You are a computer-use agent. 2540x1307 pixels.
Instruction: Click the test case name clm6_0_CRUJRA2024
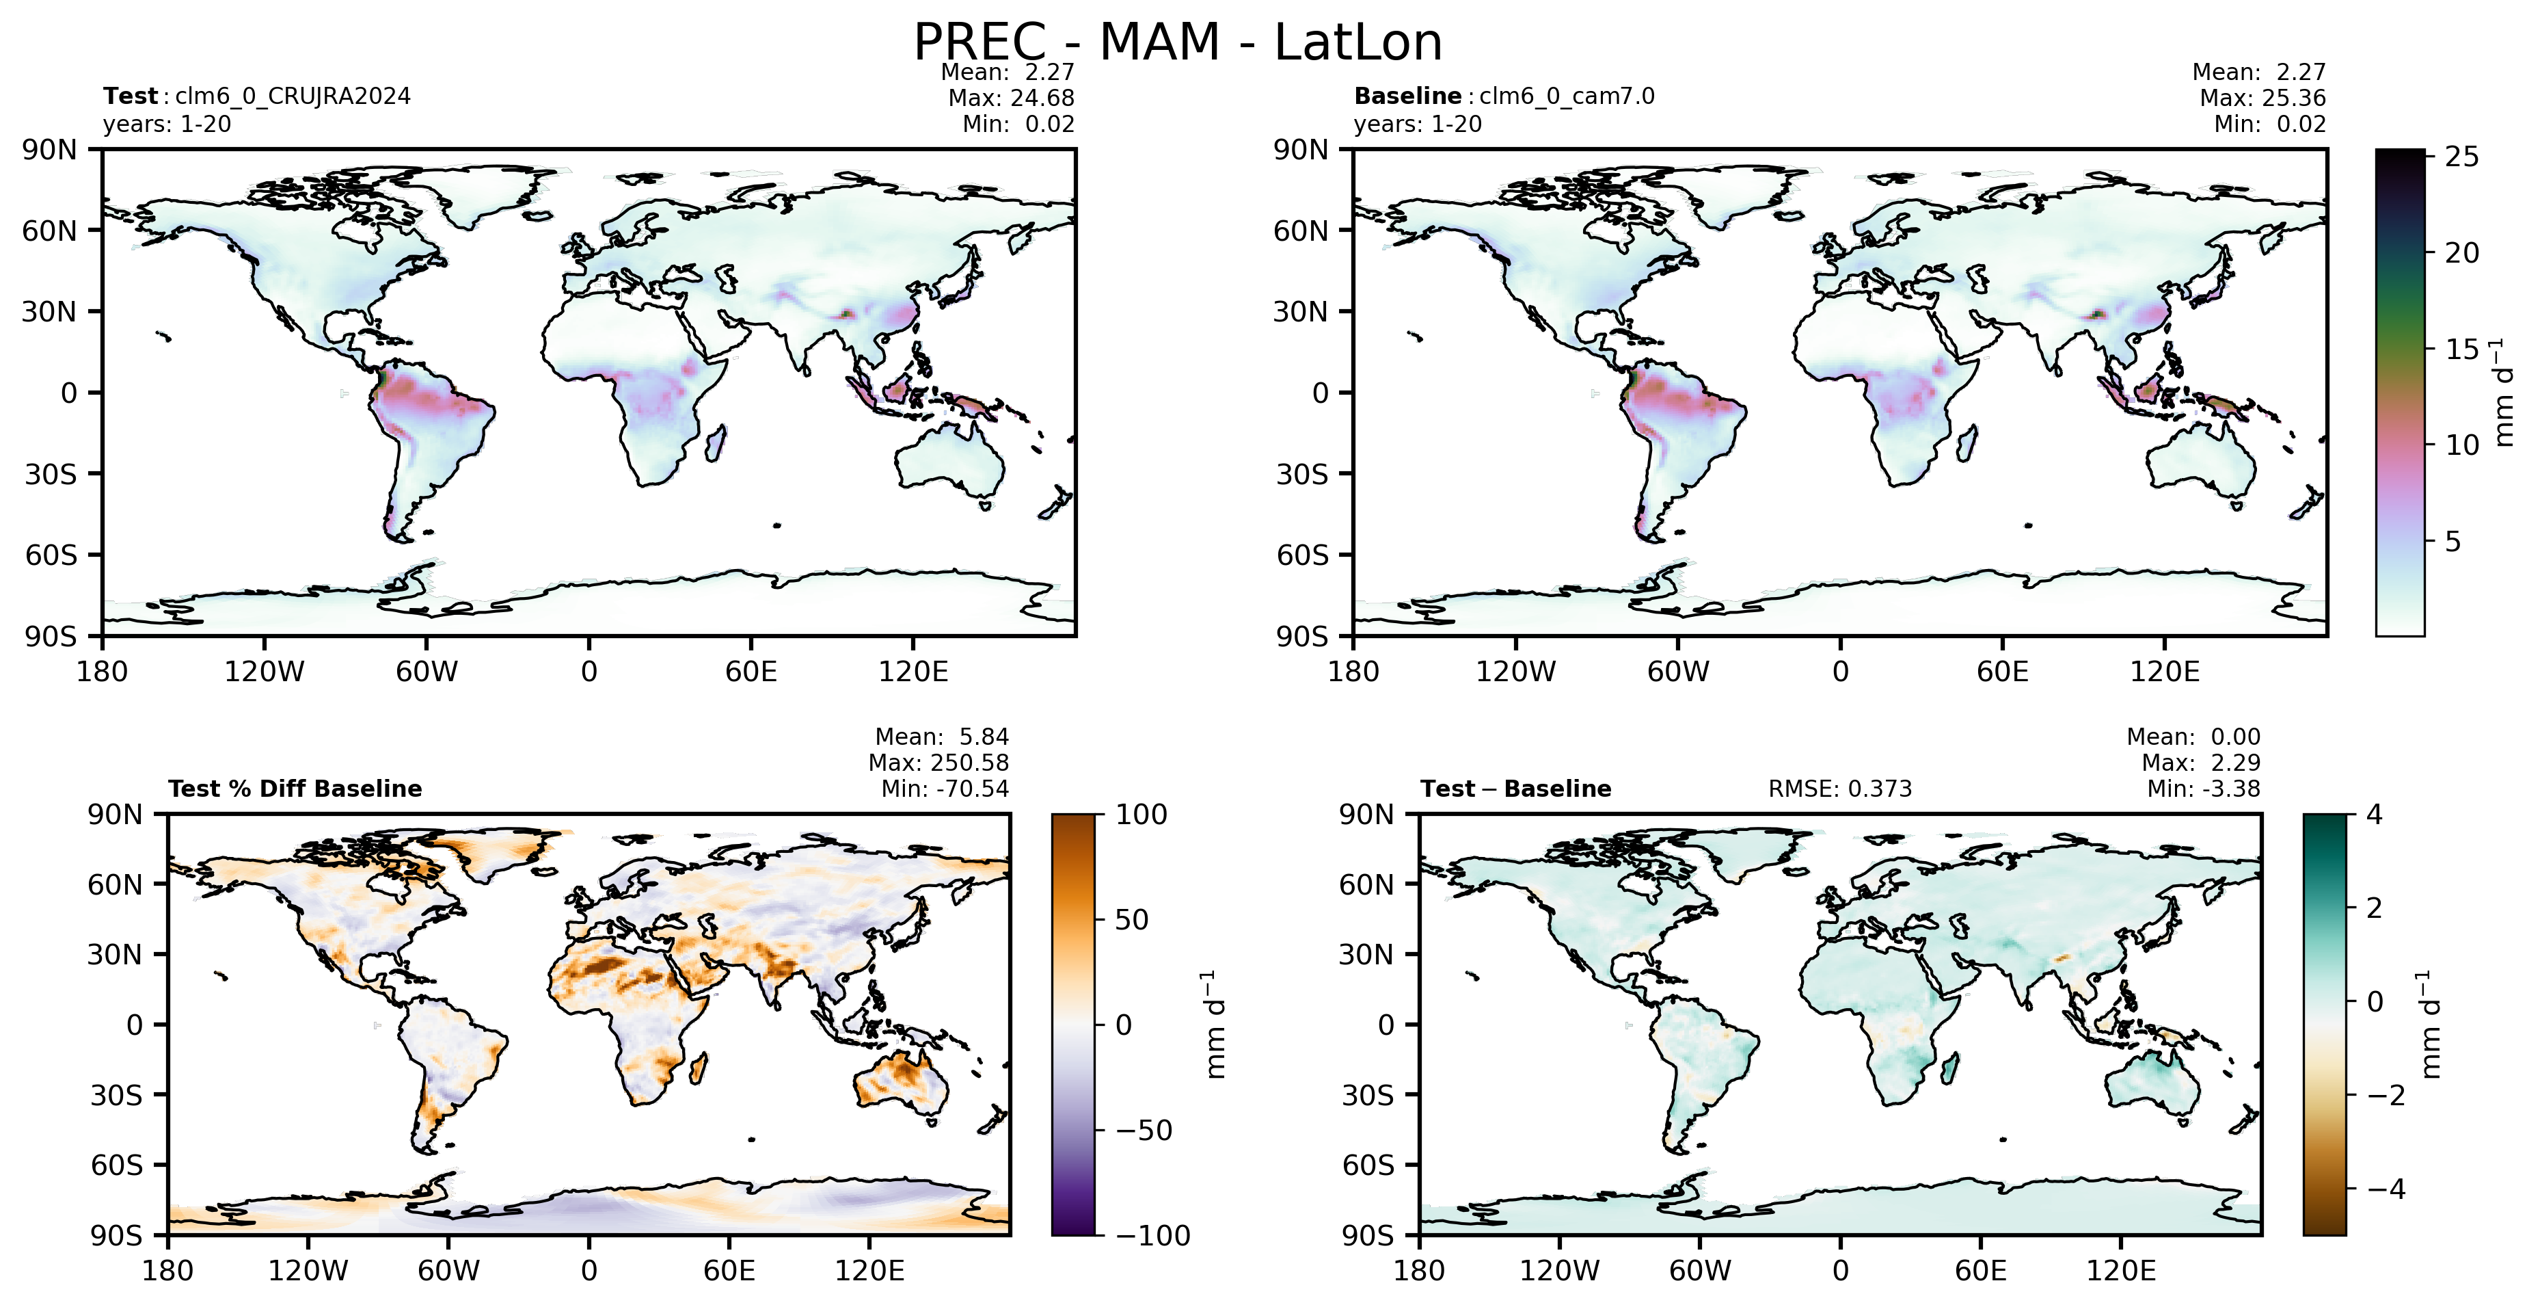tap(293, 96)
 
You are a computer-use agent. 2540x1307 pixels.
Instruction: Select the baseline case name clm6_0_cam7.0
tap(1567, 96)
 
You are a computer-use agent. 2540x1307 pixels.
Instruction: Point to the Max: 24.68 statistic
tap(1011, 98)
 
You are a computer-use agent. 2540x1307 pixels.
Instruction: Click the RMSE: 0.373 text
tap(1840, 789)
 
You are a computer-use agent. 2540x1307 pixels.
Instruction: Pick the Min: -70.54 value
tap(945, 789)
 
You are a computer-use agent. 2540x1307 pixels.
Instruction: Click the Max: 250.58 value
tap(938, 763)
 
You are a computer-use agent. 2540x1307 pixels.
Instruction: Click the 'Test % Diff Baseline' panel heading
tap(295, 789)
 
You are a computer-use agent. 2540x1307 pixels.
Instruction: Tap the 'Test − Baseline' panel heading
tap(1515, 789)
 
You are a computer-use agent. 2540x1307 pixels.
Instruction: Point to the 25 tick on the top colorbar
tap(2462, 157)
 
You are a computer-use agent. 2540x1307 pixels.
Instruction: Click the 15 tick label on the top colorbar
tap(2462, 349)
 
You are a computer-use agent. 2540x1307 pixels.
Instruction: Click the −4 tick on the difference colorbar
tap(2382, 1189)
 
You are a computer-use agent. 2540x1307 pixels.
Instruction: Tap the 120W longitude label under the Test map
tap(265, 672)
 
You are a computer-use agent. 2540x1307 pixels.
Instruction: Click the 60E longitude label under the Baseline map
tap(2003, 672)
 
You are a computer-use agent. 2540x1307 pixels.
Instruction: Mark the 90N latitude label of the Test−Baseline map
tap(1366, 815)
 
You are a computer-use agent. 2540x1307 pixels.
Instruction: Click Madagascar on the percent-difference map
tap(699, 1068)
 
